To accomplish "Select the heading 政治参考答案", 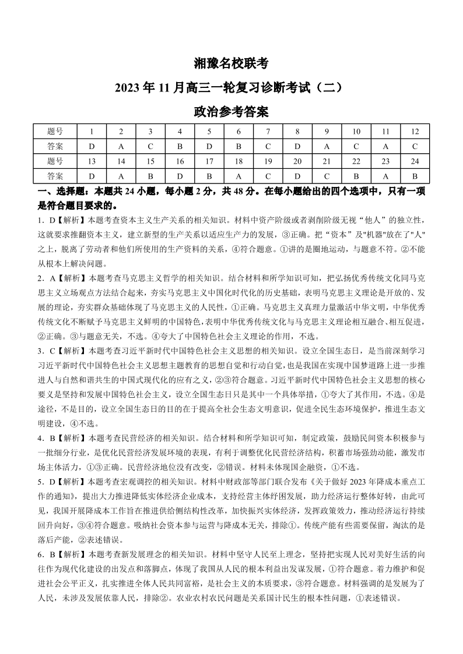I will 231,111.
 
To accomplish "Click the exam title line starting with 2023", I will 231,87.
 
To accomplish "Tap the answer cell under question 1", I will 92,146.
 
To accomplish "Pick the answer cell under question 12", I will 415,146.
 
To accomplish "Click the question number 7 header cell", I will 268,131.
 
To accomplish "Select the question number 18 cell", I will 238,161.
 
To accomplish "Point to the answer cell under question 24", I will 415,176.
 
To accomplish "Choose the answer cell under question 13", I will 92,176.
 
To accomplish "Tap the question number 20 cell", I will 297,161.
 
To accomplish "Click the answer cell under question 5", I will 209,146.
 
